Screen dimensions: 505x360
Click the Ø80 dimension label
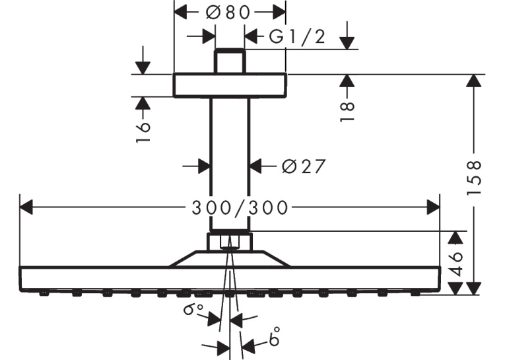[x=228, y=13]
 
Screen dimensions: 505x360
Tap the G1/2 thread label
[x=297, y=36]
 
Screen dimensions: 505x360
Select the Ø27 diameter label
[x=304, y=166]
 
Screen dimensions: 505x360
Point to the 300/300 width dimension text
[x=240, y=207]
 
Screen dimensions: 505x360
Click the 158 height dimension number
[x=473, y=177]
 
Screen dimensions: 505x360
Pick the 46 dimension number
[x=455, y=264]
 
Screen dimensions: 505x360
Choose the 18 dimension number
[x=347, y=111]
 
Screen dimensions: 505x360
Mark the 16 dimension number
[x=143, y=131]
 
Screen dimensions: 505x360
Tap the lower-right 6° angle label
[x=274, y=336]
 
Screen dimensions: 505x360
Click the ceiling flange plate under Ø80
[x=230, y=85]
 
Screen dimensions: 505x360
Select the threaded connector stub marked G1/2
[x=230, y=61]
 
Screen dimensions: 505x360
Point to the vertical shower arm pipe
[x=230, y=164]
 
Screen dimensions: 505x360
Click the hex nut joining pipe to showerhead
[x=229, y=241]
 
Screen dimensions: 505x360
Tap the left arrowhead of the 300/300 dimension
[x=26, y=207]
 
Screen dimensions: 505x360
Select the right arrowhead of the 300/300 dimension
[x=433, y=207]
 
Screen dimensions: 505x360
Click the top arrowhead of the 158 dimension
[x=473, y=81]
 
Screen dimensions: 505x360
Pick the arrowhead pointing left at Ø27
[x=256, y=166]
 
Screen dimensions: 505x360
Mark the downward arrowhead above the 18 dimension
[x=347, y=43]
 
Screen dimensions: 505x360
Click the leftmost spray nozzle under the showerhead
[x=44, y=293]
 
